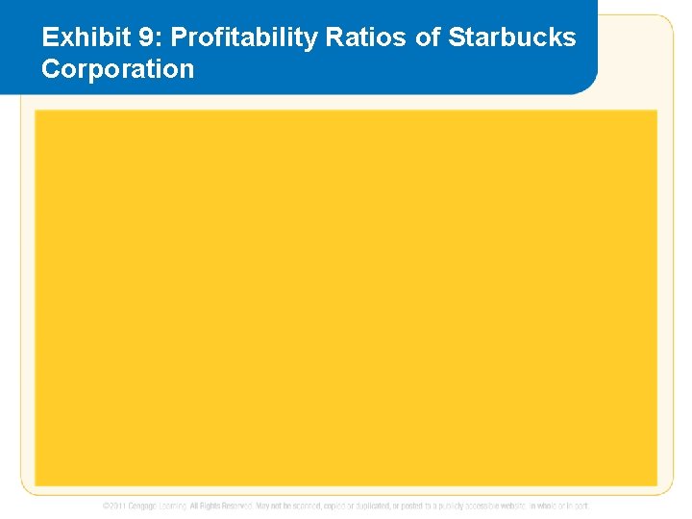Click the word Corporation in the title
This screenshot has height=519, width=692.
click(x=118, y=69)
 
